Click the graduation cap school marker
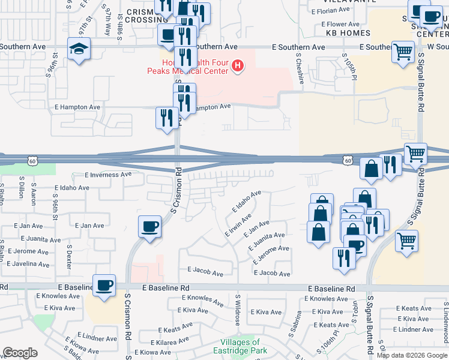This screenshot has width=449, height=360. pyautogui.click(x=79, y=49)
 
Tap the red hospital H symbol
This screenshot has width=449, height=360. pyautogui.click(x=238, y=65)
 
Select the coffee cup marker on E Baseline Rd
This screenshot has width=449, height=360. pyautogui.click(x=104, y=286)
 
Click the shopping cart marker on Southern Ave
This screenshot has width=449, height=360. pyautogui.click(x=403, y=52)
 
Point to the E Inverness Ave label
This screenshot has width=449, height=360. pyautogui.click(x=108, y=175)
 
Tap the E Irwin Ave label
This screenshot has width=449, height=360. pyautogui.click(x=238, y=224)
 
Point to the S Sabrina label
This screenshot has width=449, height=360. pyautogui.click(x=298, y=322)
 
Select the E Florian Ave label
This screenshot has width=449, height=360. pyautogui.click(x=327, y=10)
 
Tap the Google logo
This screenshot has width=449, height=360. pyautogui.click(x=20, y=353)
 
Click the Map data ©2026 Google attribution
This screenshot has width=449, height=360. pyautogui.click(x=412, y=355)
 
